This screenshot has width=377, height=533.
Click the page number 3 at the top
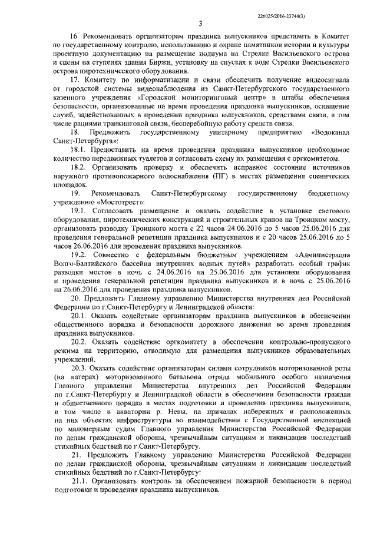point(201,24)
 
